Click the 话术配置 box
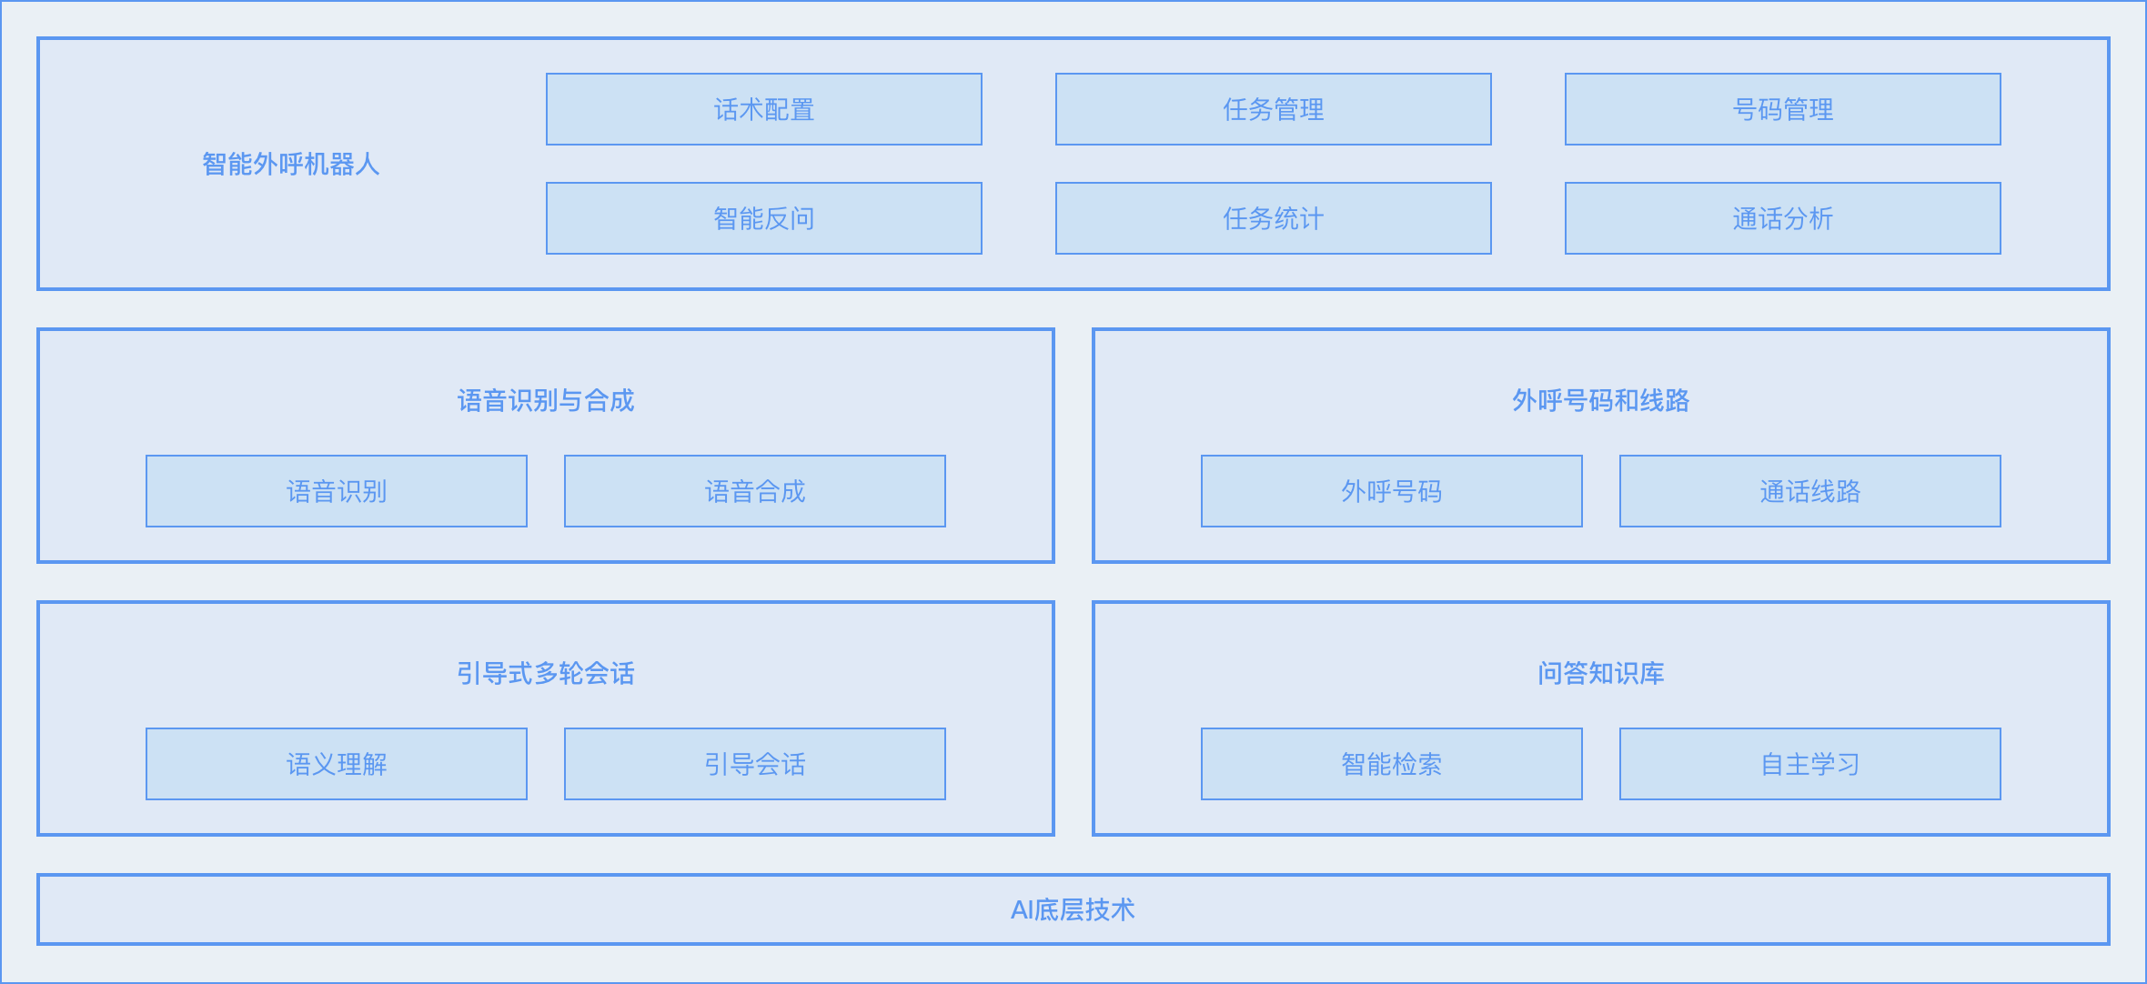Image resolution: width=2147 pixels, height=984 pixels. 764,109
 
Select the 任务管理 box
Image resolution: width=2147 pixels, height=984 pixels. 1274,109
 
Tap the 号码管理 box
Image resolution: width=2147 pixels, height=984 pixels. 1783,109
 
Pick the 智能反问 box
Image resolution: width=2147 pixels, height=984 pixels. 764,218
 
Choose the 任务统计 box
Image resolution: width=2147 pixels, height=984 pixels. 1274,218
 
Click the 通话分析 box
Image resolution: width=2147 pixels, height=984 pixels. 1783,218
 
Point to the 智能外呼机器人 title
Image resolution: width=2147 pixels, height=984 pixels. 291,164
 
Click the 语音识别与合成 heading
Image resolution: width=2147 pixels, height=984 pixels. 546,400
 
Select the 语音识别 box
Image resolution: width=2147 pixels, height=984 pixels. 337,491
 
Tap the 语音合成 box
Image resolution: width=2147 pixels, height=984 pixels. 755,491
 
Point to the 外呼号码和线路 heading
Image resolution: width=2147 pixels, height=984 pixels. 1601,400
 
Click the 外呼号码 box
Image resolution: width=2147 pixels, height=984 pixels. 1392,491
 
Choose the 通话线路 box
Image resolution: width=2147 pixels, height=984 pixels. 1810,491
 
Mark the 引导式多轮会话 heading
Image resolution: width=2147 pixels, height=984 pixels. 546,673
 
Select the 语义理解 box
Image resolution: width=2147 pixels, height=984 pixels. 337,764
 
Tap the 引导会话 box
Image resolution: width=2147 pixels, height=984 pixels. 755,764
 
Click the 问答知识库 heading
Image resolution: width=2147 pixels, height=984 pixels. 1601,673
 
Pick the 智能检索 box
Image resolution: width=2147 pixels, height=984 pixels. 1392,764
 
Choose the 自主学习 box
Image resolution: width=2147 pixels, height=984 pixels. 1810,764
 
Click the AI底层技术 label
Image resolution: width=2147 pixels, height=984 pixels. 1073,909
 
